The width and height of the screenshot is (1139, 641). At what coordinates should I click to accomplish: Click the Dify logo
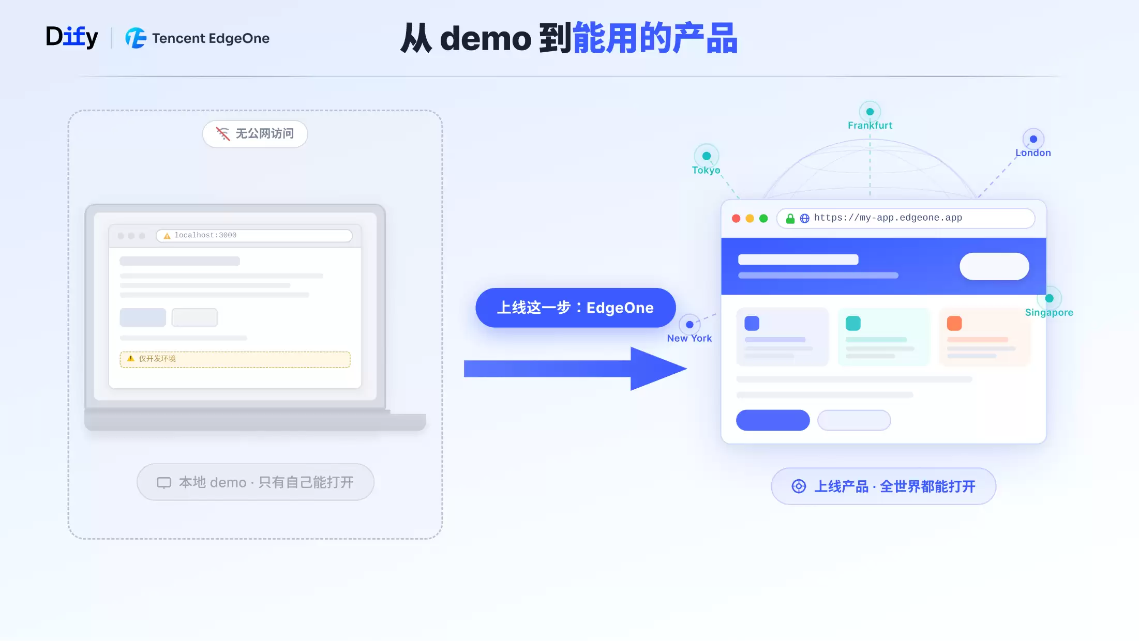click(x=72, y=37)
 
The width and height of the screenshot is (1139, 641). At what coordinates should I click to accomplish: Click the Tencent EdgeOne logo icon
click(x=136, y=38)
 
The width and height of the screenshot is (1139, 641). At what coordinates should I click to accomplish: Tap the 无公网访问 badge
click(x=255, y=134)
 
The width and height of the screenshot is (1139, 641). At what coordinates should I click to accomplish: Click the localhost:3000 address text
click(x=205, y=235)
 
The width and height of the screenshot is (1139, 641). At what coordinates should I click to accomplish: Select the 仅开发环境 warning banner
click(x=235, y=359)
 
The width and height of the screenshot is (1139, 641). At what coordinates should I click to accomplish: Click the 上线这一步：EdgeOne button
click(x=576, y=308)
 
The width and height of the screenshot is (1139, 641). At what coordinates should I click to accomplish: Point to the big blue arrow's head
click(x=686, y=369)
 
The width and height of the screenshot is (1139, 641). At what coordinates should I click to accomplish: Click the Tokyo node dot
click(x=707, y=156)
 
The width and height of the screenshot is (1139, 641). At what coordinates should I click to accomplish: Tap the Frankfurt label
click(x=870, y=125)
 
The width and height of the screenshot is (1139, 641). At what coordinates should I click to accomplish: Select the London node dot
click(x=1033, y=139)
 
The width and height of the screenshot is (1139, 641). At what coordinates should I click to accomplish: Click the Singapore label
click(x=1049, y=313)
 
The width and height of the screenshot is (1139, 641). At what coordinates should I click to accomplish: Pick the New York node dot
click(x=690, y=325)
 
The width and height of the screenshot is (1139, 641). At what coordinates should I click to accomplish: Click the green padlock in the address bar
click(x=790, y=219)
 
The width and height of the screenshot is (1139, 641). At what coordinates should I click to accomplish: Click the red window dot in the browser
click(x=736, y=219)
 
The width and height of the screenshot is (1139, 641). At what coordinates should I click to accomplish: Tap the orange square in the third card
click(x=954, y=324)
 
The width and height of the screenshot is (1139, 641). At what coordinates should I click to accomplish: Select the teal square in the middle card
click(x=853, y=324)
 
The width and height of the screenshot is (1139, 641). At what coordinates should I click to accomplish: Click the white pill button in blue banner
click(x=994, y=266)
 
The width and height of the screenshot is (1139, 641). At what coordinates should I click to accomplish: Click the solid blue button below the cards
click(x=773, y=420)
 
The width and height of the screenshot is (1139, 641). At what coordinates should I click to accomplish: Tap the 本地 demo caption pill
click(x=256, y=482)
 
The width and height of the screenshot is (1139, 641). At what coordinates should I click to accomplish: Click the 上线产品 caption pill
click(x=883, y=486)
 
